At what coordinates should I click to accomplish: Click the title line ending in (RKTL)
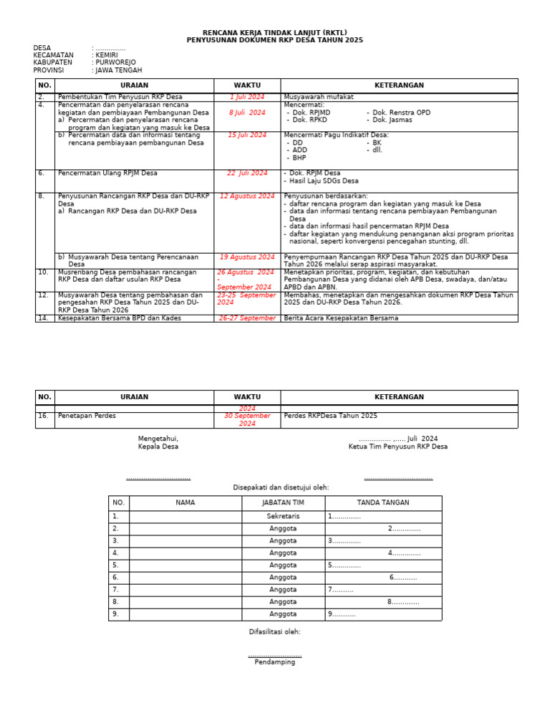[x=274, y=33]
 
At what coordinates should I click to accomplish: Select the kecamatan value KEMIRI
[x=107, y=55]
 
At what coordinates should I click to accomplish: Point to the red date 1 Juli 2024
[x=246, y=97]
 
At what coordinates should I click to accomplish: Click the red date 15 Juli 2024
[x=246, y=135]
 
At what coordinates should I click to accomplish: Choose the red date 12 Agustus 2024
[x=246, y=196]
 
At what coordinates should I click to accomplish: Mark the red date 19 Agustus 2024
[x=246, y=257]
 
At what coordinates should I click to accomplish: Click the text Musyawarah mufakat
[x=319, y=97]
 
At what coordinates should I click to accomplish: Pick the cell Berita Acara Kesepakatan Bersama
[x=341, y=318]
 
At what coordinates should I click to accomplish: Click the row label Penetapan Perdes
[x=87, y=416]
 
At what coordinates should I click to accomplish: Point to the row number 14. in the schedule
[x=42, y=318]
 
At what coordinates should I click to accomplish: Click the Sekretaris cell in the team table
[x=283, y=516]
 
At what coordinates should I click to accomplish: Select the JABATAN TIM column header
[x=283, y=502]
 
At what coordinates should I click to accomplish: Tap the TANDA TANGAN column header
[x=383, y=502]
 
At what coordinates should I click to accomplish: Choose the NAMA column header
[x=185, y=502]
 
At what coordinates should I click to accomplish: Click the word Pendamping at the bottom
[x=274, y=662]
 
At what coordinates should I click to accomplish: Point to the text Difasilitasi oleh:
[x=274, y=631]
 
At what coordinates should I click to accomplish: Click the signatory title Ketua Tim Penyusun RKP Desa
[x=397, y=447]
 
